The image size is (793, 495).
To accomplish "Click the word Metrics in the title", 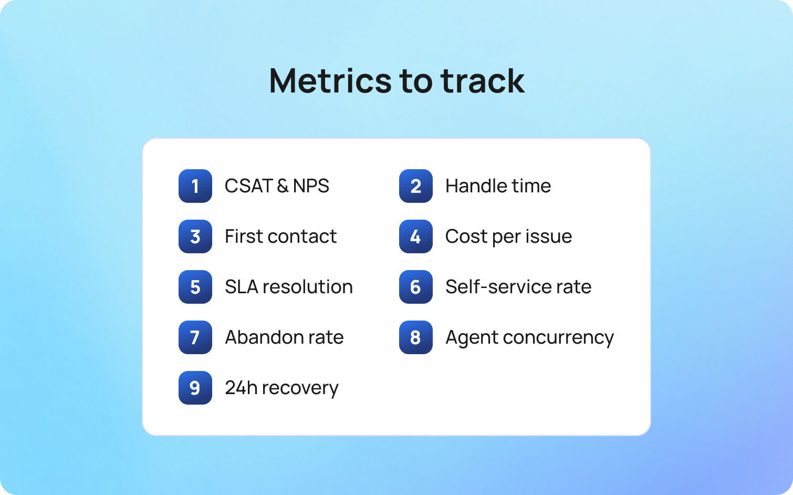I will pyautogui.click(x=330, y=81).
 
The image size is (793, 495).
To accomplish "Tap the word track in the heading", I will pyautogui.click(x=482, y=81).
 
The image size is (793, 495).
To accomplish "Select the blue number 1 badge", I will pyautogui.click(x=195, y=186).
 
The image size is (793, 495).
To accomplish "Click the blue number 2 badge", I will pyautogui.click(x=415, y=186).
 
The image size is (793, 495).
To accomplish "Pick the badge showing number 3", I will pyautogui.click(x=195, y=236).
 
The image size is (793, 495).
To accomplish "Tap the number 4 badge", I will pyautogui.click(x=415, y=236).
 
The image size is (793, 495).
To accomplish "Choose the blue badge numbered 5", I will pyautogui.click(x=195, y=287).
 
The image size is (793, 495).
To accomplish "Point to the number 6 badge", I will pyautogui.click(x=415, y=287).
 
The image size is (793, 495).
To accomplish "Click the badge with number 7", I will pyautogui.click(x=195, y=337).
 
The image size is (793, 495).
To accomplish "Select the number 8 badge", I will pyautogui.click(x=415, y=337).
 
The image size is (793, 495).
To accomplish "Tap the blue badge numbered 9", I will pyautogui.click(x=195, y=388).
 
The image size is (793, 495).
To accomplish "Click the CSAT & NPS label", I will pyautogui.click(x=277, y=186).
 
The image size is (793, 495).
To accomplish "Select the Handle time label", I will pyautogui.click(x=498, y=186).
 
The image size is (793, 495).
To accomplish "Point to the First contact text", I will pyautogui.click(x=280, y=236).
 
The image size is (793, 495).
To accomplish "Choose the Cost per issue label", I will pyautogui.click(x=508, y=236).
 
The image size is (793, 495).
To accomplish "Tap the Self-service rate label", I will pyautogui.click(x=518, y=287).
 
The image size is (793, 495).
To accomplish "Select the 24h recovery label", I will pyautogui.click(x=281, y=388).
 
